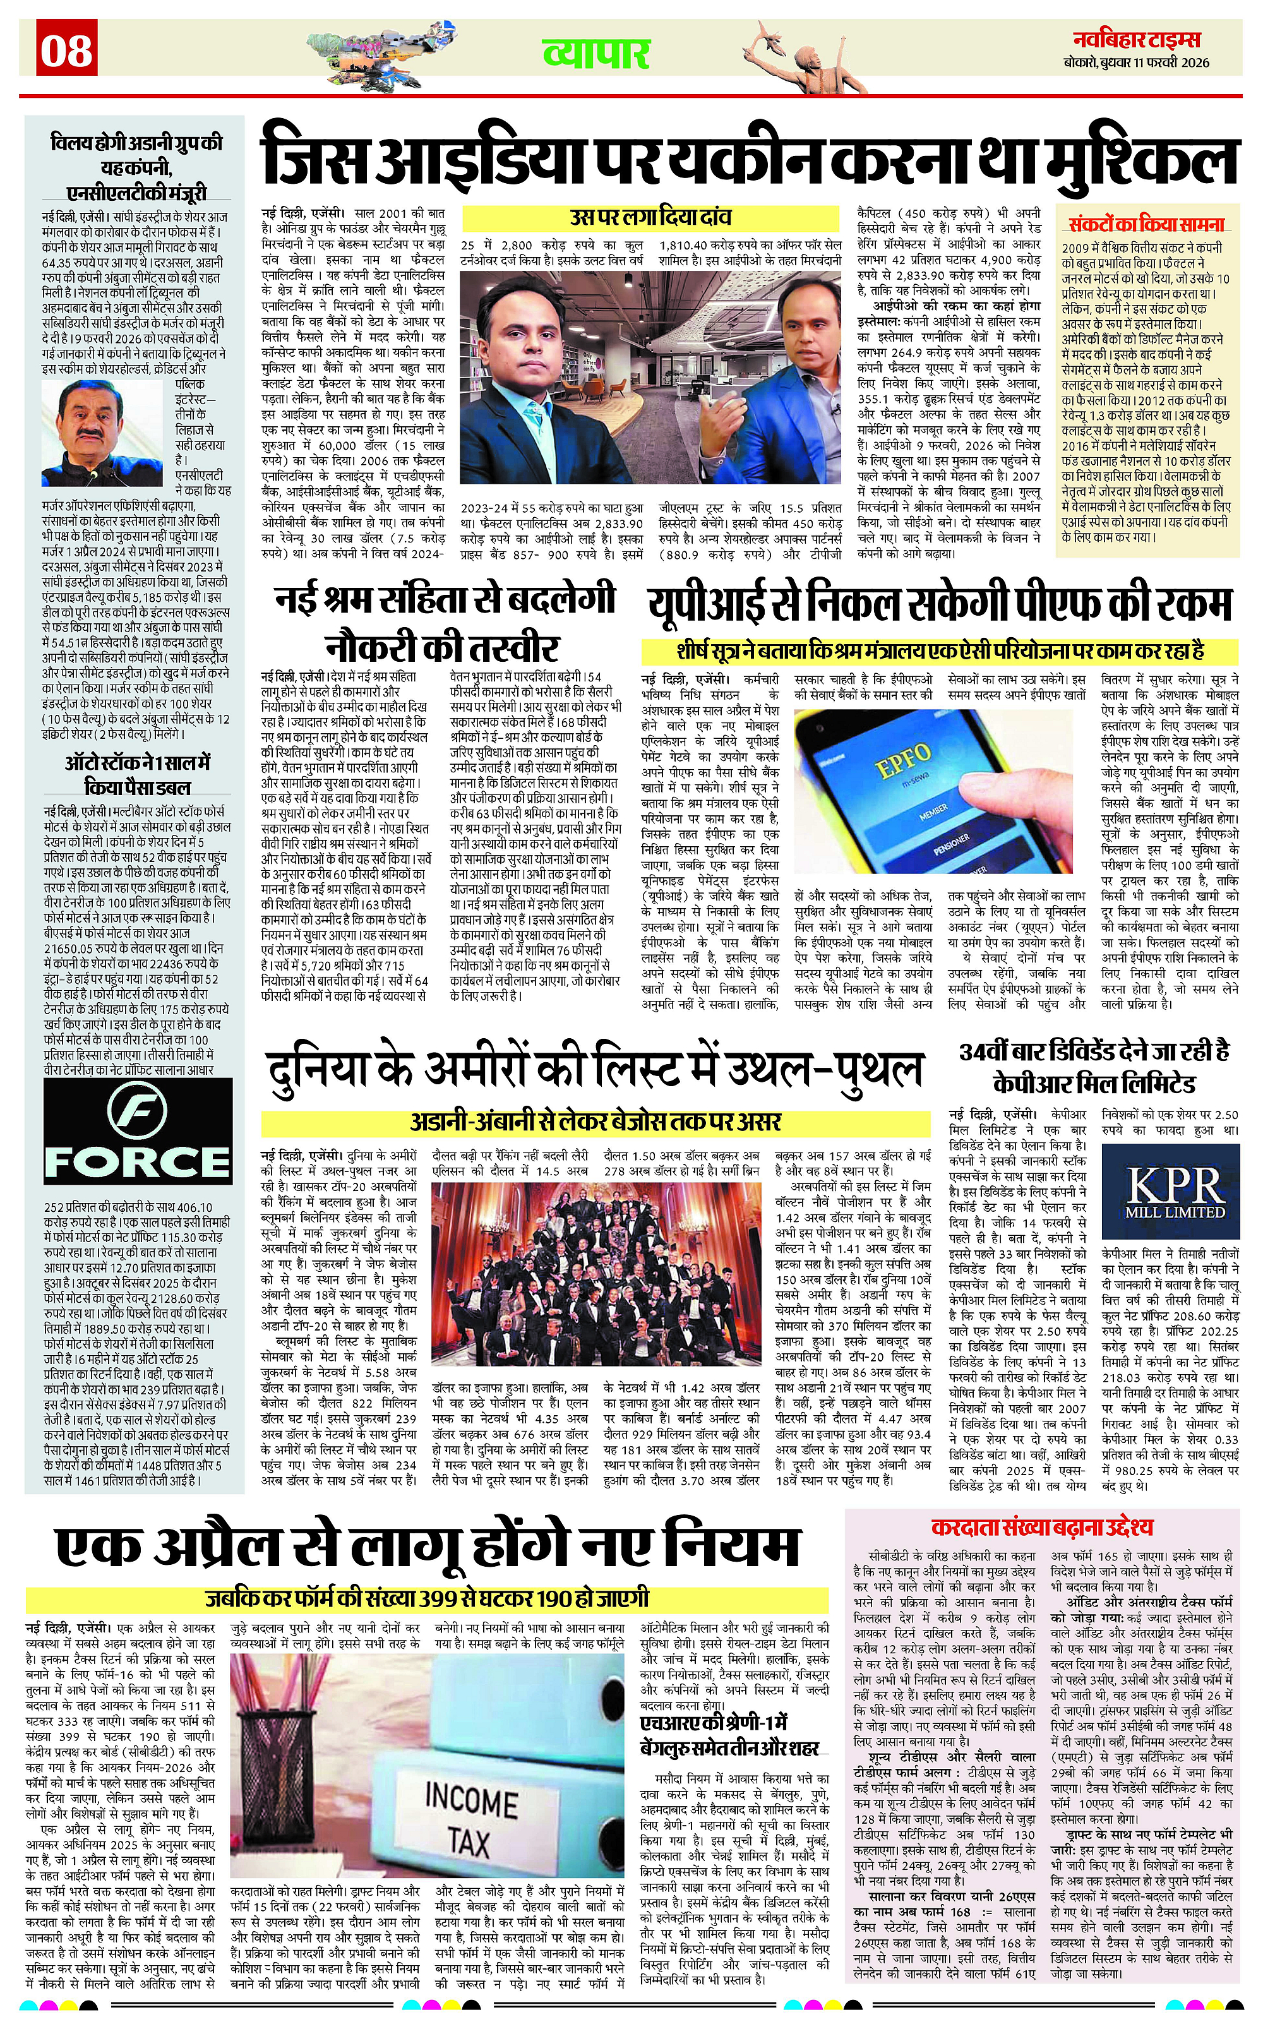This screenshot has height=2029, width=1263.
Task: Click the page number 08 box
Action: point(67,49)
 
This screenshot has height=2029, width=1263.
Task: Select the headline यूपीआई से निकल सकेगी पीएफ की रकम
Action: point(939,603)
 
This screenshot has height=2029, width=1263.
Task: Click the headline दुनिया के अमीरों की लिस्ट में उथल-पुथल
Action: point(595,1070)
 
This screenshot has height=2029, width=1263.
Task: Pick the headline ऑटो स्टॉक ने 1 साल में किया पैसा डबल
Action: point(138,774)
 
